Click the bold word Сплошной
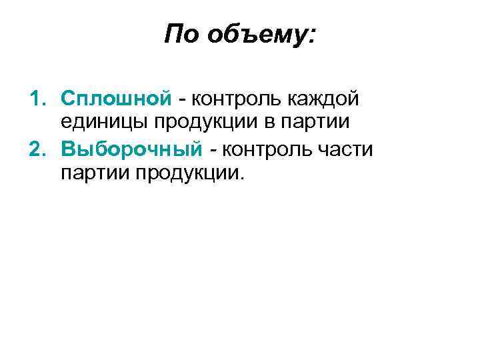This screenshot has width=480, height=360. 116,99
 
